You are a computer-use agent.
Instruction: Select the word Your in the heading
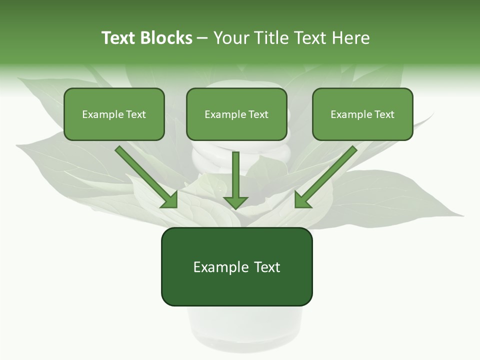(231, 38)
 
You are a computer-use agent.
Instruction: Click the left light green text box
(114, 114)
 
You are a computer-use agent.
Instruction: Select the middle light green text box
(236, 114)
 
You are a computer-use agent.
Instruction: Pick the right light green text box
(362, 114)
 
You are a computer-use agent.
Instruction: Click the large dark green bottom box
(236, 266)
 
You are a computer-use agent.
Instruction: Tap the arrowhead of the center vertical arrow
(235, 201)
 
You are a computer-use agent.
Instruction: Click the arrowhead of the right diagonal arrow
(302, 199)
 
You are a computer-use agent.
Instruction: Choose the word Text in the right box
(384, 114)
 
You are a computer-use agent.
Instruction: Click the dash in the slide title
(202, 38)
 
